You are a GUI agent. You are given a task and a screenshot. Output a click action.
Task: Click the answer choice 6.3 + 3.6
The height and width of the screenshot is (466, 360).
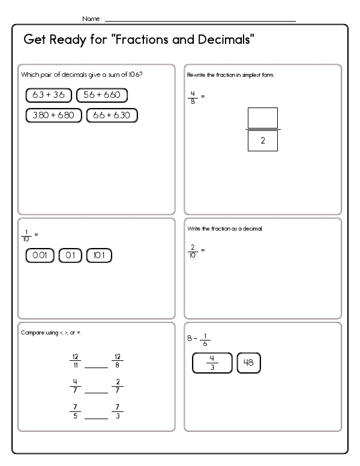[49, 95]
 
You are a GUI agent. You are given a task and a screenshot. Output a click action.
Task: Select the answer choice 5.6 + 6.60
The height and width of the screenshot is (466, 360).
[102, 95]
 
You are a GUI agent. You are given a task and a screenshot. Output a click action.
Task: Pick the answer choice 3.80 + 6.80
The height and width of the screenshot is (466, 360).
[53, 115]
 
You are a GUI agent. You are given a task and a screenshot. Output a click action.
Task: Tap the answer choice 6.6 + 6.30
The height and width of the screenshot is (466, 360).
[112, 115]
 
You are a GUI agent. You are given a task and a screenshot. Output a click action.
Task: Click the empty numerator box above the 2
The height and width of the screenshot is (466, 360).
[262, 118]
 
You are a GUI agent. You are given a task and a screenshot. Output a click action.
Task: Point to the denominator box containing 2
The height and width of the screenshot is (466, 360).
[262, 140]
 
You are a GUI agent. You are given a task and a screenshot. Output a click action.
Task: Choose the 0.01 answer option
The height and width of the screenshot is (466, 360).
[40, 255]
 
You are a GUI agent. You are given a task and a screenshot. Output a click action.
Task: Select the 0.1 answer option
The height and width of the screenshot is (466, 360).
[70, 255]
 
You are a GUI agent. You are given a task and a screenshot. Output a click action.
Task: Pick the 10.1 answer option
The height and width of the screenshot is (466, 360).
[100, 255]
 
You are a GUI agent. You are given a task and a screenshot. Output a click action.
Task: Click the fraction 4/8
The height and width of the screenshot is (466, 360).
[193, 96]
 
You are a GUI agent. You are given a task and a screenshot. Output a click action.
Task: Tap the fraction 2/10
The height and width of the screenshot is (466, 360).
[193, 250]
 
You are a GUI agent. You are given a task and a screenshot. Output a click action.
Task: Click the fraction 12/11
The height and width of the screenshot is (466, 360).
[75, 360]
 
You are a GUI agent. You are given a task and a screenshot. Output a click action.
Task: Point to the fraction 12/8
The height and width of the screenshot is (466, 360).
[118, 360]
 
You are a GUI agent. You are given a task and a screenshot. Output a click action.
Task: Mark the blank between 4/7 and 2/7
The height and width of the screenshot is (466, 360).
[96, 391]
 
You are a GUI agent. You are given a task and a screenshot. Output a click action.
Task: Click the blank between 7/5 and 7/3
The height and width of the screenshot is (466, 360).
[96, 416]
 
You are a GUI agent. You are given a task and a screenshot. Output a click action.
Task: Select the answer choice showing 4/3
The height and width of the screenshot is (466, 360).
[212, 364]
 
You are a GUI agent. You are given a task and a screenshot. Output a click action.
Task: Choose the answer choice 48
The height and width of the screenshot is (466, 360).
[249, 363]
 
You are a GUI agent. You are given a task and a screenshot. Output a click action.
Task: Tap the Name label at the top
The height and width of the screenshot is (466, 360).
[91, 19]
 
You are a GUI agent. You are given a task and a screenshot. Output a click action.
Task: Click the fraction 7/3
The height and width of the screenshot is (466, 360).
[118, 411]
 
